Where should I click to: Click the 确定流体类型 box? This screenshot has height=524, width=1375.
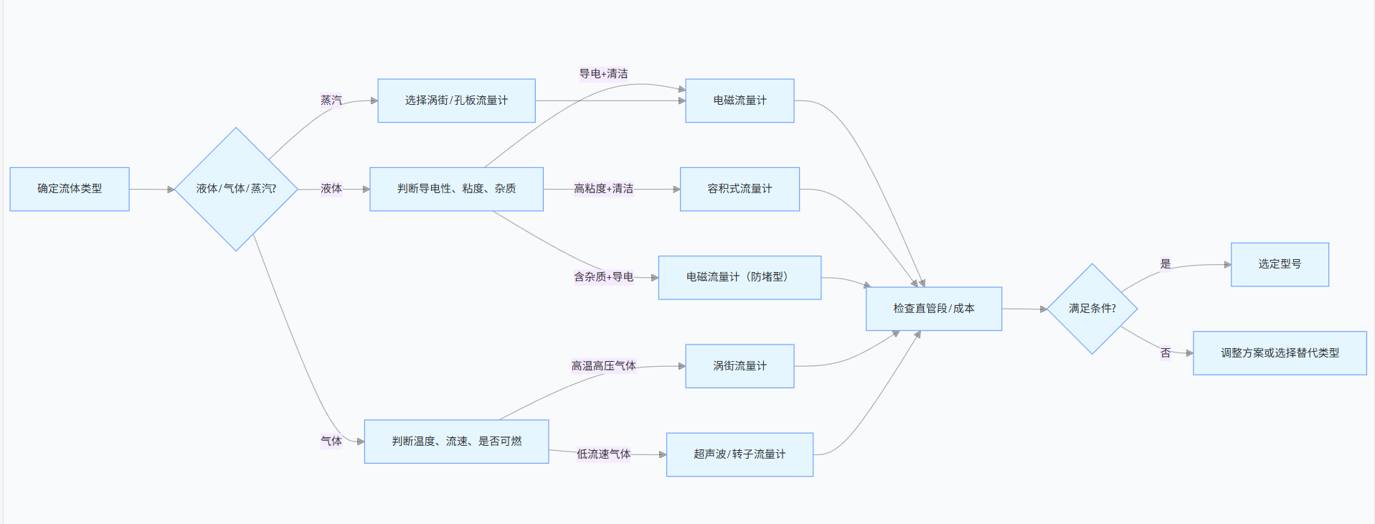(x=70, y=189)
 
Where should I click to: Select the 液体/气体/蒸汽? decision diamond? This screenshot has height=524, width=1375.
(x=236, y=189)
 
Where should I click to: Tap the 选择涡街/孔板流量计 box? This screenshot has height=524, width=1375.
(x=456, y=100)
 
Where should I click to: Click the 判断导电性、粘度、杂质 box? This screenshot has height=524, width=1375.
(x=456, y=189)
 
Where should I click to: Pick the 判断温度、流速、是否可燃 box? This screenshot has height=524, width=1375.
(x=456, y=441)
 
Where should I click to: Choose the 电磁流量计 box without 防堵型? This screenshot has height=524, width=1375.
(x=740, y=100)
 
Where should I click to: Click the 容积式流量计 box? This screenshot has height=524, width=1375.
(x=740, y=189)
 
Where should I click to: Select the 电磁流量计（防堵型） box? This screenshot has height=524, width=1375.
(x=740, y=277)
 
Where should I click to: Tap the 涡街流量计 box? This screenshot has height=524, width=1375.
(x=740, y=366)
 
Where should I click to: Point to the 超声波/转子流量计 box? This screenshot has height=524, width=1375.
(x=740, y=454)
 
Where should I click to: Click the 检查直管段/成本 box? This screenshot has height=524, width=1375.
(x=933, y=309)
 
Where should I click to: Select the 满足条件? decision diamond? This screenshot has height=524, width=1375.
(x=1092, y=309)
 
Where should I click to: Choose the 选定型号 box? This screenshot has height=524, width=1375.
(x=1280, y=264)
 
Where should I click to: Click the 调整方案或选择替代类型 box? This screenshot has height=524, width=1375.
(x=1280, y=353)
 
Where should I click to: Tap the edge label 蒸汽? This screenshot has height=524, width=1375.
(x=331, y=100)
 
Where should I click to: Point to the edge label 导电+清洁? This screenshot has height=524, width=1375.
(x=603, y=74)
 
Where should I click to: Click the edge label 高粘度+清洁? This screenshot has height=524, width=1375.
(x=603, y=189)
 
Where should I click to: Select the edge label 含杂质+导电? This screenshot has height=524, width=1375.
(x=603, y=277)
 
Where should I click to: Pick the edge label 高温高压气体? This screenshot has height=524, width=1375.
(x=603, y=366)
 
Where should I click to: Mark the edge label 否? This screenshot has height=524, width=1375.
(x=1166, y=353)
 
